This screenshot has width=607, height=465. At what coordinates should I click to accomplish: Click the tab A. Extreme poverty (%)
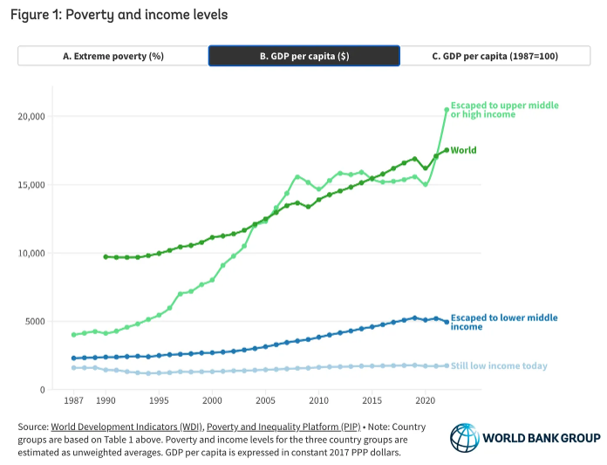click(x=113, y=56)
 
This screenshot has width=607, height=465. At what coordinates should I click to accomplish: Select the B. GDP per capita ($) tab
click(x=303, y=56)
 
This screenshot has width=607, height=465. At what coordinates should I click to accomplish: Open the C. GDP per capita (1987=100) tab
click(x=494, y=56)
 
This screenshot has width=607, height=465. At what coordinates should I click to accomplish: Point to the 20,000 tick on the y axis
click(x=31, y=116)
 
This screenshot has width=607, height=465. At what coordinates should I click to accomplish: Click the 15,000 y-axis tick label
click(x=31, y=185)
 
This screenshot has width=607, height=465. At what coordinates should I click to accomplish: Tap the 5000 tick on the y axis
click(x=35, y=321)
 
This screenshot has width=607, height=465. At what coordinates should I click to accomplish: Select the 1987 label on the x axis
click(x=73, y=400)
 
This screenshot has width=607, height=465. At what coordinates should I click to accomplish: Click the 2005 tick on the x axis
click(x=265, y=400)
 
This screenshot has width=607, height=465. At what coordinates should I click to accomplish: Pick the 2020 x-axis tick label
click(x=426, y=400)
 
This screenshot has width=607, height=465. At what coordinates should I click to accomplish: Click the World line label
click(x=463, y=150)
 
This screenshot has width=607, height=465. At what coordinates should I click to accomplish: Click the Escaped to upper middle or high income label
click(x=504, y=110)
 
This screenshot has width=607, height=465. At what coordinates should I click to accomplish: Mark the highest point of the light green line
click(x=447, y=110)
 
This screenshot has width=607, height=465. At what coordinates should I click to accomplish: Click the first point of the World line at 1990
click(x=106, y=256)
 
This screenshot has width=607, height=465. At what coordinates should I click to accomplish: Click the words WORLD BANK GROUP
click(x=541, y=437)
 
